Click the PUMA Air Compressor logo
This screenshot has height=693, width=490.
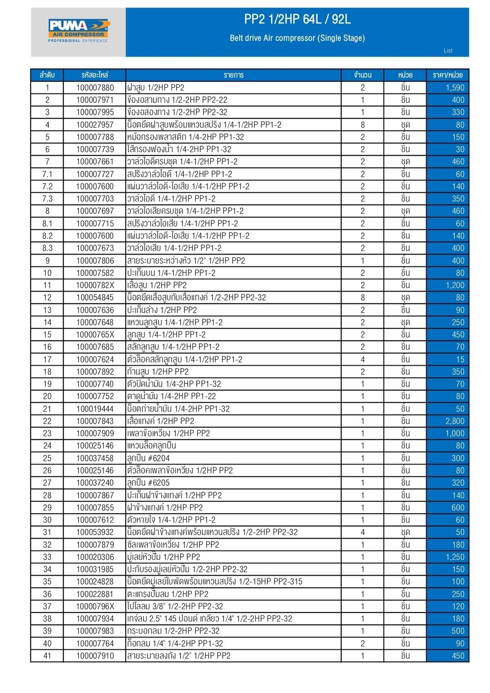78,31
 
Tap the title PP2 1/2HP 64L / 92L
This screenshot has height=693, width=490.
297,19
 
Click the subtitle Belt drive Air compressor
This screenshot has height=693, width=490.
297,38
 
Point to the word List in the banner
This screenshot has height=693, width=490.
448,51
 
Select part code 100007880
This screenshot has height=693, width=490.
95,87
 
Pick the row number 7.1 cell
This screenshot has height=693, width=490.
47,174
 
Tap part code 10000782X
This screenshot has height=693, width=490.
95,285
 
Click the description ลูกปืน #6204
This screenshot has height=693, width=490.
148,458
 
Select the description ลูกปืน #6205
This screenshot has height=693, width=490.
148,483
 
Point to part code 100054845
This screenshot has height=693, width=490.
95,297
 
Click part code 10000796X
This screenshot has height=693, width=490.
95,606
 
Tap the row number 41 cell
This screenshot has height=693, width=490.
47,656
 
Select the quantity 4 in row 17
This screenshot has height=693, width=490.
362,359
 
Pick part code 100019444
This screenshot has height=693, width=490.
95,409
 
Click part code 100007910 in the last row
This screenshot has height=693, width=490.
95,656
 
